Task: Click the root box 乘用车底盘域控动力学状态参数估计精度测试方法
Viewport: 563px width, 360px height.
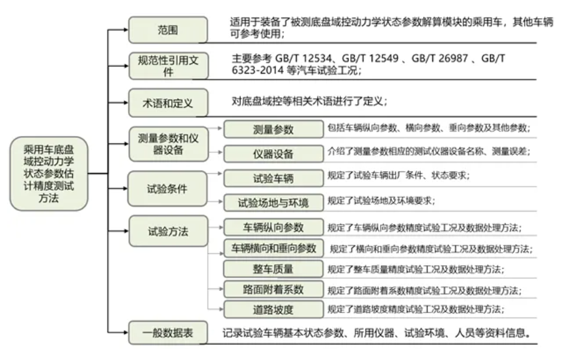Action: point(49,174)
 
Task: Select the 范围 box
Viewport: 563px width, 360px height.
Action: point(168,30)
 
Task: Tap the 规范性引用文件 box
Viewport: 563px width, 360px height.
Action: point(169,66)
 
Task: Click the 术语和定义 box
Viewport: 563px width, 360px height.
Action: point(168,103)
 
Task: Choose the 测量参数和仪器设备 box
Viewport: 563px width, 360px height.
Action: point(169,144)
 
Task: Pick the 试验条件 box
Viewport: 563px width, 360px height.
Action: point(167,189)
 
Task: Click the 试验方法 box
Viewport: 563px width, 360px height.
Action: point(169,231)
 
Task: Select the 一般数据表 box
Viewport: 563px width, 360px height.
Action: point(168,333)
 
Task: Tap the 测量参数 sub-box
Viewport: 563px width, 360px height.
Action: point(273,130)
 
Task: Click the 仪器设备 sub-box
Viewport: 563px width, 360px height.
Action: point(273,154)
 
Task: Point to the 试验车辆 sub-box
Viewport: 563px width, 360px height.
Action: point(273,178)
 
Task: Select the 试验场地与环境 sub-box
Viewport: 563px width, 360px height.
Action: point(273,203)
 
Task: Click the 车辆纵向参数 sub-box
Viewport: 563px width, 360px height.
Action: point(273,227)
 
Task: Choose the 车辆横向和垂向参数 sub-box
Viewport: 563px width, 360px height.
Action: point(273,248)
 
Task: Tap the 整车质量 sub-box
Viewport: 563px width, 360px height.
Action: point(273,269)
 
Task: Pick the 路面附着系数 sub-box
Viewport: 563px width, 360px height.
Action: point(273,289)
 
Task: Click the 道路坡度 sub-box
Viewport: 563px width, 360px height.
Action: point(273,309)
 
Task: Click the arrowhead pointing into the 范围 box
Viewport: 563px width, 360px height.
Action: point(126,30)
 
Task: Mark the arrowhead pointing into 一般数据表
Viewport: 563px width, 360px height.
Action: point(126,333)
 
